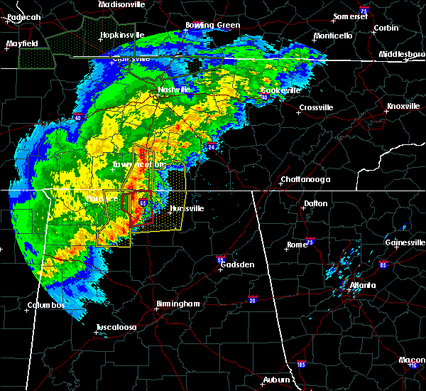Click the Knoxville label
coord(403,107)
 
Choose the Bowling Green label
coord(213,26)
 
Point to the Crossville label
coord(316,107)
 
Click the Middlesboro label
coord(400,54)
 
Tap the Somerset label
coord(351,16)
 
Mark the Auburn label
coord(277,380)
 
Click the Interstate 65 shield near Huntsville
coord(143,203)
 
